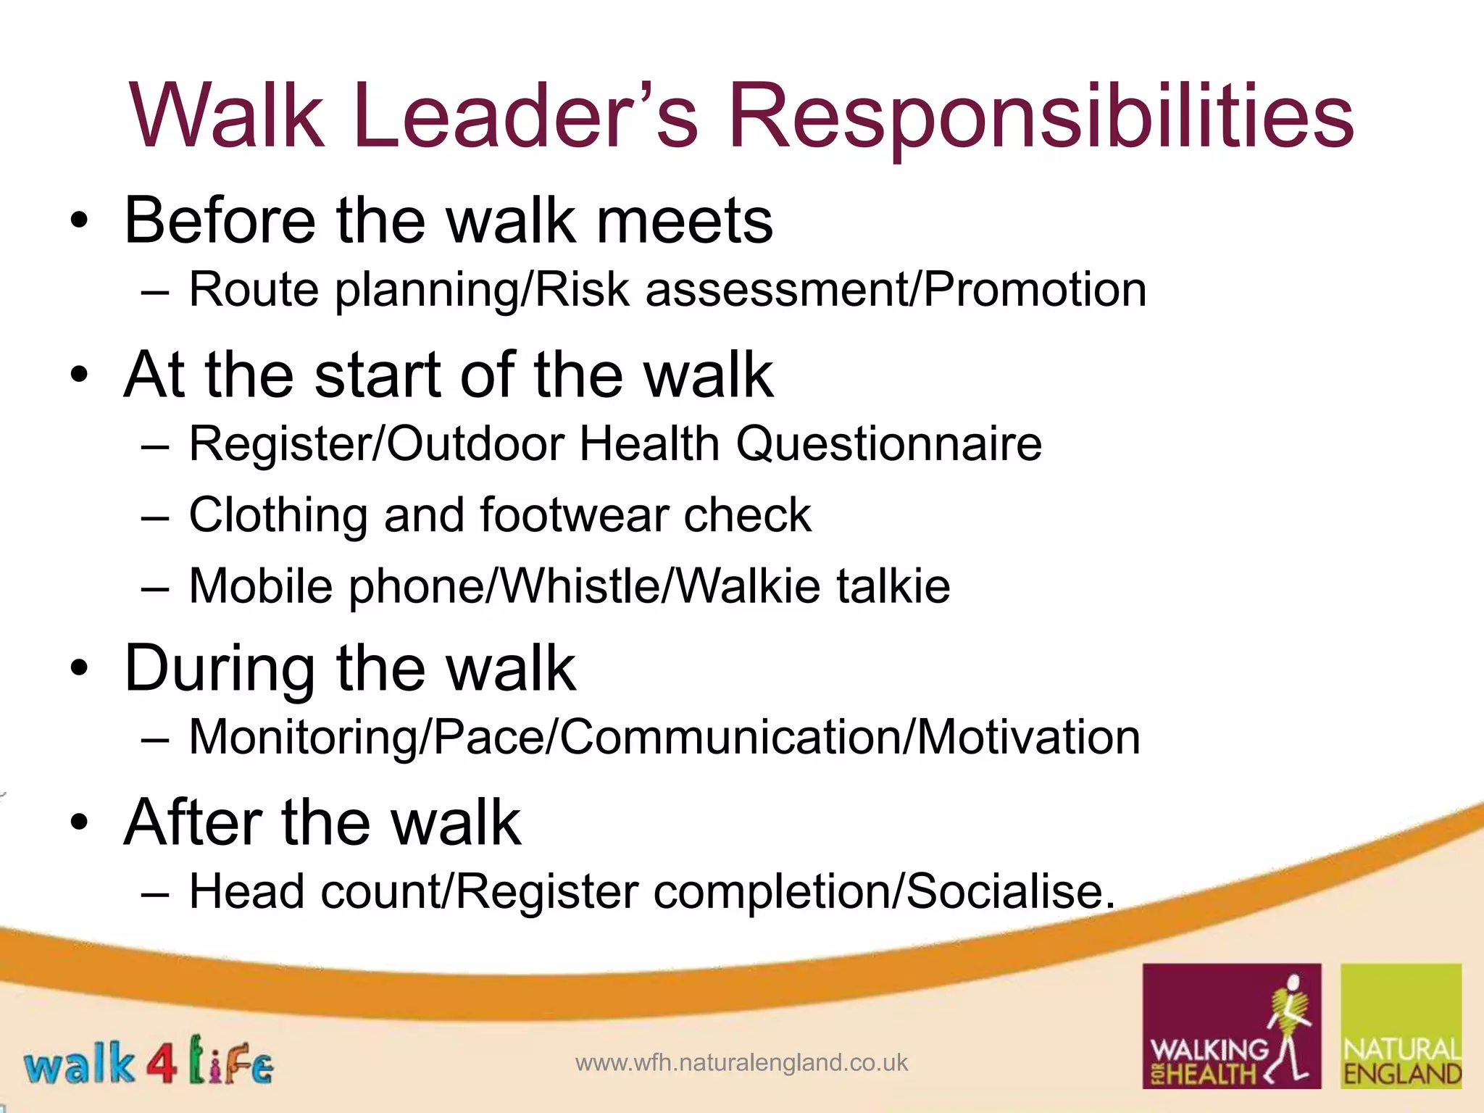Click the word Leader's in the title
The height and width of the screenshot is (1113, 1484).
point(525,116)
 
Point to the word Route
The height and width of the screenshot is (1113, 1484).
point(254,290)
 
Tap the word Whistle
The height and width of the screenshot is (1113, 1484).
point(581,586)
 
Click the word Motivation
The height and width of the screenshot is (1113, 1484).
point(1029,737)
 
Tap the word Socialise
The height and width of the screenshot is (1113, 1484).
point(1010,891)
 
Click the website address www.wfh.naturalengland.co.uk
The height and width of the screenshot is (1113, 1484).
point(741,1063)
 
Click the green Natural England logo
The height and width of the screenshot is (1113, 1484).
point(1401,1025)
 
